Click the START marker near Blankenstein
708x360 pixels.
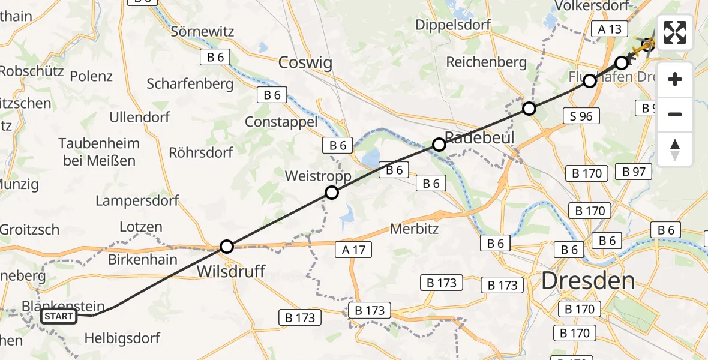tap(59, 316)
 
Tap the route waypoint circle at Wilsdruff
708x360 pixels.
tap(226, 246)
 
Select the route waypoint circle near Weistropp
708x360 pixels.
tap(332, 193)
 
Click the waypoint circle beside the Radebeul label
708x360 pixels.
tap(439, 144)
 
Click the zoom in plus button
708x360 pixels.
tap(675, 80)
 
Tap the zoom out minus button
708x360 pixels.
tap(675, 114)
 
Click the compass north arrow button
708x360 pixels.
tap(675, 149)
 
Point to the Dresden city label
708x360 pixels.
tap(588, 281)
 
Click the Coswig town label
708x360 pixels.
tap(305, 62)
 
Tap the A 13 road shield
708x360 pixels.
tap(609, 29)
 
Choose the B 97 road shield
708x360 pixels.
tap(633, 172)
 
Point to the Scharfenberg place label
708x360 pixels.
tap(190, 83)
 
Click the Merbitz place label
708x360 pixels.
tap(414, 229)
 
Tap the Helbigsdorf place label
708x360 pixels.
tap(122, 338)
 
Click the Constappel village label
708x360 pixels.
tap(281, 122)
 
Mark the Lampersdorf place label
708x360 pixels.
tap(137, 200)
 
